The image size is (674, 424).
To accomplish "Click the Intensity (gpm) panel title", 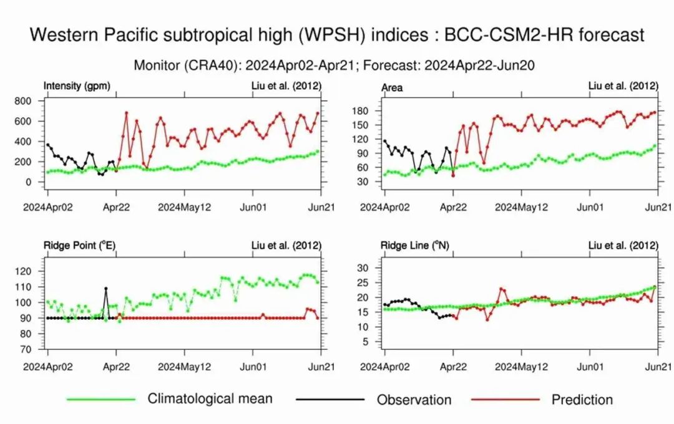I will (77, 87).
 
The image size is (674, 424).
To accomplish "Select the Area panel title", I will (392, 88).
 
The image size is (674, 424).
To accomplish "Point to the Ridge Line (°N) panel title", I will (415, 246).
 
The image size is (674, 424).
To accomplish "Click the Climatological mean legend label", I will (210, 398).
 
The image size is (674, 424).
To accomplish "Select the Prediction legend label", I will (582, 400).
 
